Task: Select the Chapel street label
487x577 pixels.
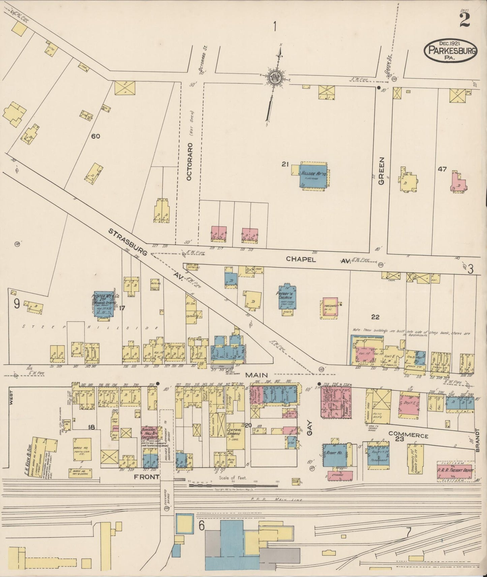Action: click(x=301, y=259)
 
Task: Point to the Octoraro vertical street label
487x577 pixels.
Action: click(x=189, y=161)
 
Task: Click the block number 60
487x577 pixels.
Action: click(x=96, y=136)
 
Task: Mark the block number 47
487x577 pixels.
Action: click(x=442, y=169)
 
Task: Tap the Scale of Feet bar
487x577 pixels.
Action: click(x=233, y=485)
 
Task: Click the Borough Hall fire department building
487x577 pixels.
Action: click(x=150, y=434)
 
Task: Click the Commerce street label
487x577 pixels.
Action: click(x=408, y=435)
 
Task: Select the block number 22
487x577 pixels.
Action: click(x=375, y=317)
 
